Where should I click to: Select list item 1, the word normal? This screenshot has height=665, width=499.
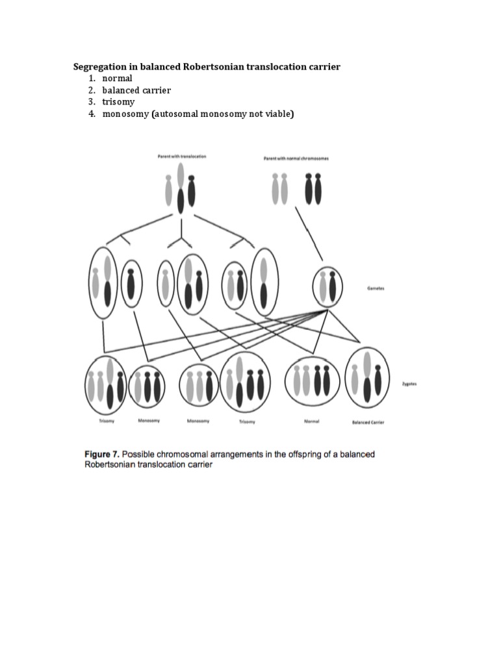point(117,79)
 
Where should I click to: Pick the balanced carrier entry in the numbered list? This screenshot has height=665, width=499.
point(136,90)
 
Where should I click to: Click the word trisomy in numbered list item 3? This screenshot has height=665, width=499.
point(118,102)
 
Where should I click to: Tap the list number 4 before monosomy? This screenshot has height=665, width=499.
point(92,114)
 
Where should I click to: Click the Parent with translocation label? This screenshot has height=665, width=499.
point(182,157)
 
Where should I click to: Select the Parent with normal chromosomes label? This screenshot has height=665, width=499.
point(296,158)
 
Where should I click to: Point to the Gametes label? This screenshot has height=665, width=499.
point(375,288)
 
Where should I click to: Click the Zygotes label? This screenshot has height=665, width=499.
point(409,384)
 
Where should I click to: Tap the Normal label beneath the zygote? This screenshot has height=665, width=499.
point(311,421)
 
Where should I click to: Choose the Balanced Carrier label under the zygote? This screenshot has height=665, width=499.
point(368,422)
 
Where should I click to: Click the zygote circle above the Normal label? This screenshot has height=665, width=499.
point(311,382)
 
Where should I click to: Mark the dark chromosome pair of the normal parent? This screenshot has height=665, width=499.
point(313,187)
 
